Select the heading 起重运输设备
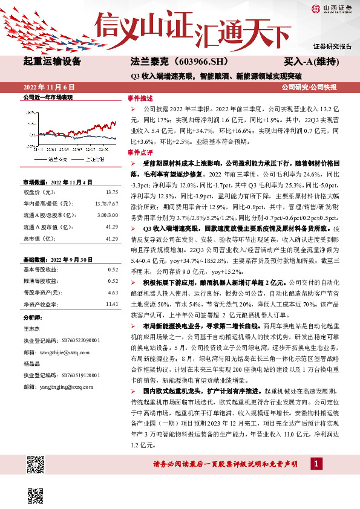tap(51, 61)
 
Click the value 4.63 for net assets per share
tap(113, 292)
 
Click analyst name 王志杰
tap(31, 328)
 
